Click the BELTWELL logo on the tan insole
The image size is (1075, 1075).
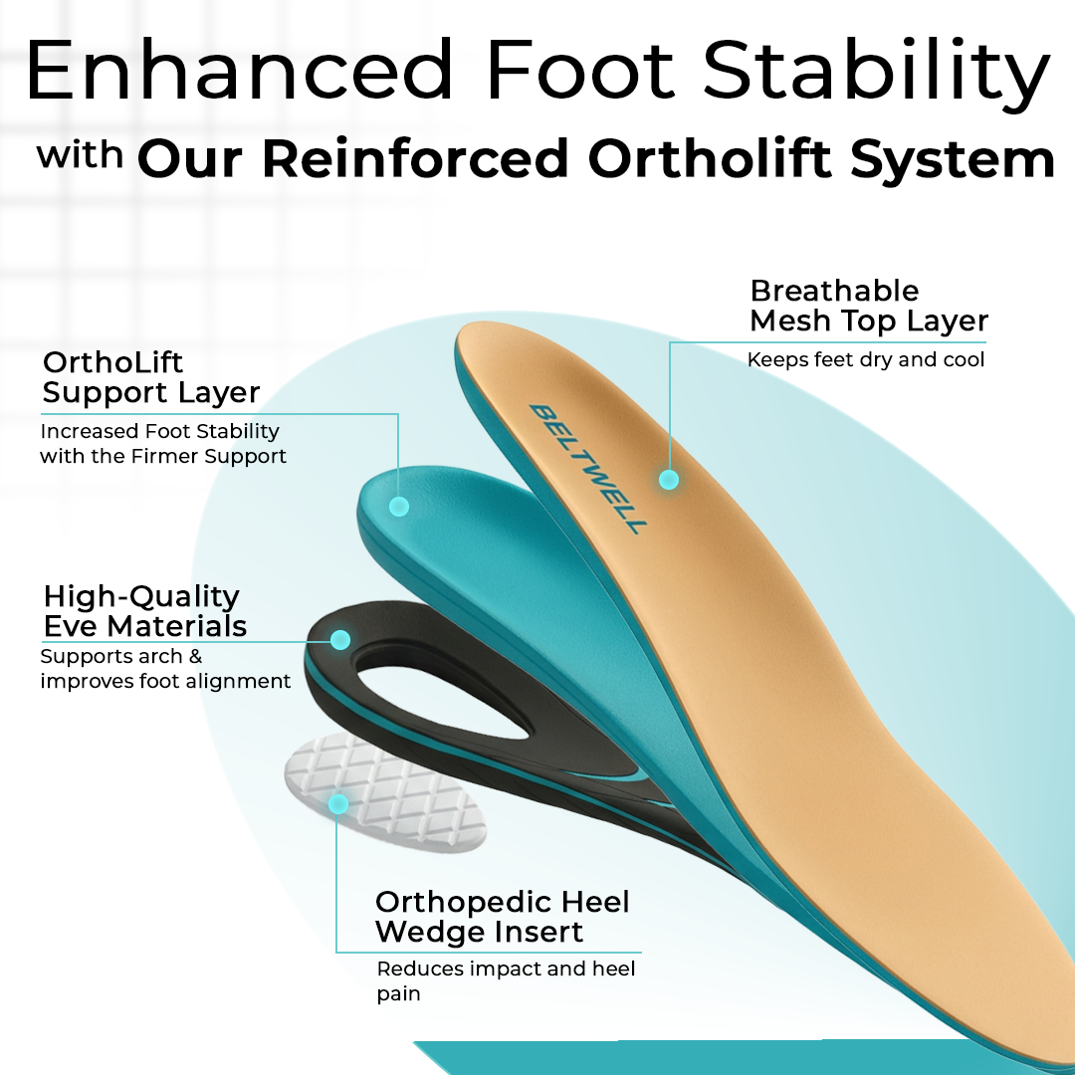[x=586, y=468]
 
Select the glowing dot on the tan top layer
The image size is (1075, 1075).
[x=669, y=480]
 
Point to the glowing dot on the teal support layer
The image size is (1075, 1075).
[x=398, y=507]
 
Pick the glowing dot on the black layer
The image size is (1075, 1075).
[x=340, y=639]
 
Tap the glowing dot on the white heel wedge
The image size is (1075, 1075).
[x=338, y=803]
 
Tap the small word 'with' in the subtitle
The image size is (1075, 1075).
[x=81, y=157]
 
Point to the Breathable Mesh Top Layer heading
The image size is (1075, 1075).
[x=868, y=306]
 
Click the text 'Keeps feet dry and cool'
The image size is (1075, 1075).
[x=865, y=360]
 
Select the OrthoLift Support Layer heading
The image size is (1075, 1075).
[x=150, y=377]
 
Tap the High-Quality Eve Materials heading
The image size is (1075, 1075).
[x=144, y=611]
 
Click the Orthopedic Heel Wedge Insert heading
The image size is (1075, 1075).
[x=502, y=917]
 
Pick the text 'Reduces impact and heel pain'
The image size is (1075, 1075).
[x=506, y=980]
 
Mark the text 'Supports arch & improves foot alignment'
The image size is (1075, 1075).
[x=165, y=669]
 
